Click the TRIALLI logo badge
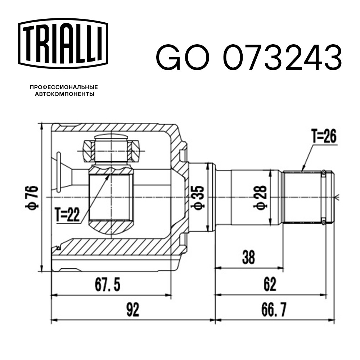(x=63, y=44)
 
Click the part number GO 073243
(x=249, y=57)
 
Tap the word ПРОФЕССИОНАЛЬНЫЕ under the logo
(x=64, y=87)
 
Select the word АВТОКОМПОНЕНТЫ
(x=64, y=94)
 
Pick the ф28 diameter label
(x=260, y=197)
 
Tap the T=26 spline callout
(x=324, y=136)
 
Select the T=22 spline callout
(x=68, y=215)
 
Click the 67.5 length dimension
(x=107, y=284)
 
